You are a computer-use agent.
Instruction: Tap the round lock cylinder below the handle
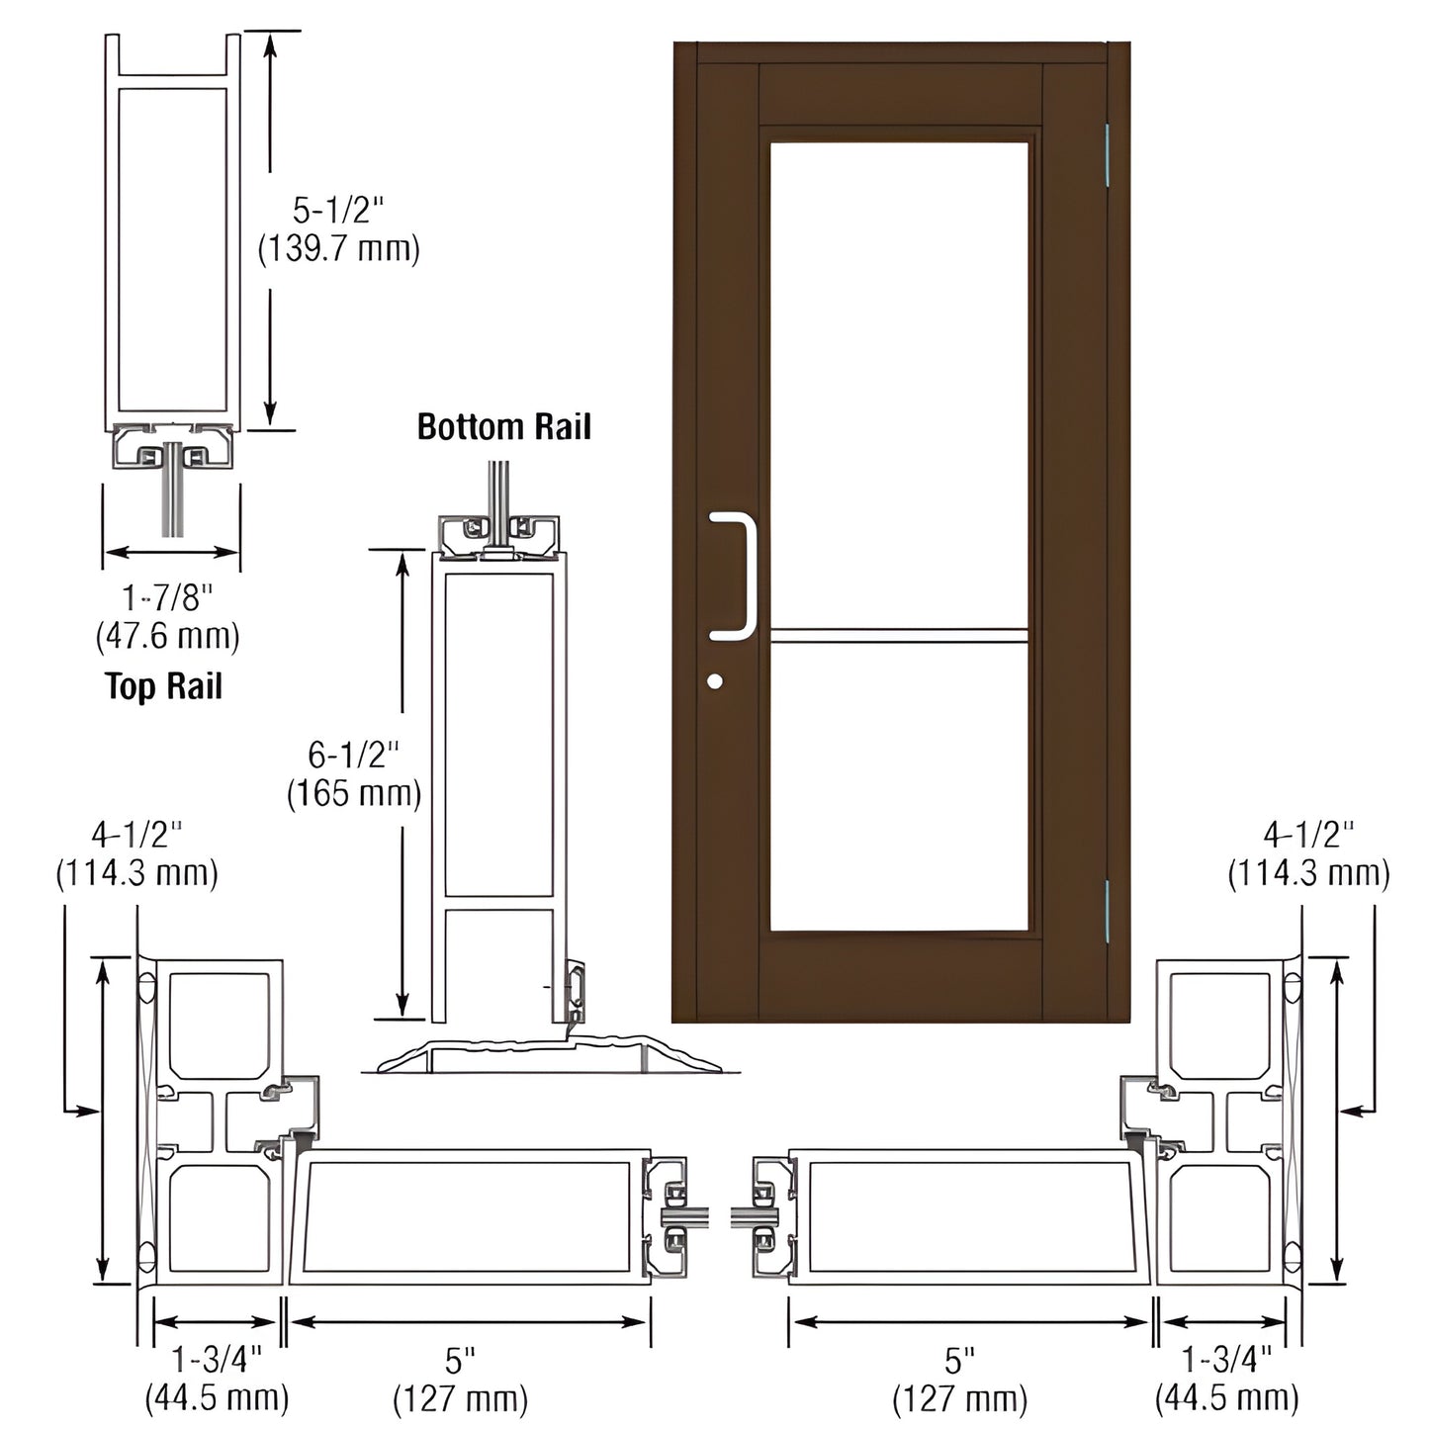pyautogui.click(x=715, y=681)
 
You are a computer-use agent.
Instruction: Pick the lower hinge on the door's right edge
pyautogui.click(x=1108, y=911)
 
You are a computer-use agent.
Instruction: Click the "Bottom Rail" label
pyautogui.click(x=503, y=427)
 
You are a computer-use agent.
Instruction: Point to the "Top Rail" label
pyautogui.click(x=164, y=686)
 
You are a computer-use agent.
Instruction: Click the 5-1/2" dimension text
pyautogui.click(x=337, y=211)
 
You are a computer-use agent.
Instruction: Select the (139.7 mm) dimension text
pyautogui.click(x=338, y=249)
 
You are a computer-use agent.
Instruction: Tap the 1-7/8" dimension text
pyautogui.click(x=168, y=597)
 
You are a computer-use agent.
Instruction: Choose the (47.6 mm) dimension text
pyautogui.click(x=168, y=635)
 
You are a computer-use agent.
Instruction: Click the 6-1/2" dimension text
pyautogui.click(x=353, y=756)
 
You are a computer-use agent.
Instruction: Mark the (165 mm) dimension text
pyautogui.click(x=354, y=793)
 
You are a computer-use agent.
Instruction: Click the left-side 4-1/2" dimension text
pyautogui.click(x=136, y=836)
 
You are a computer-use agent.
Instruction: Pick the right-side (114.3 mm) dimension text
pyautogui.click(x=1308, y=873)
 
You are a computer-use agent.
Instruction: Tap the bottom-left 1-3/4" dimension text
pyautogui.click(x=217, y=1360)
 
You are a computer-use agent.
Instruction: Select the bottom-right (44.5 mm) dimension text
pyautogui.click(x=1226, y=1397)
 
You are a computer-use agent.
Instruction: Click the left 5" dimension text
pyautogui.click(x=460, y=1362)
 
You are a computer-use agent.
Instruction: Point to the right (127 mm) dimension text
pyautogui.click(x=959, y=1399)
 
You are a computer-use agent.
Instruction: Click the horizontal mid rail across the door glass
pyautogui.click(x=898, y=636)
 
